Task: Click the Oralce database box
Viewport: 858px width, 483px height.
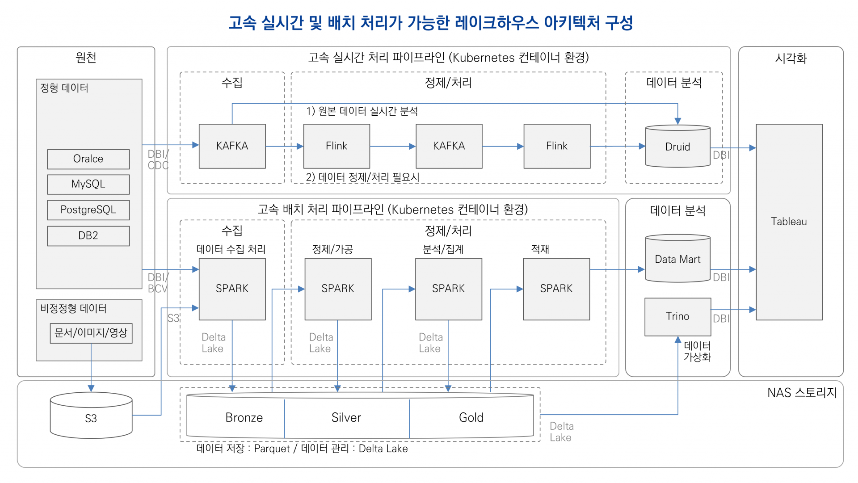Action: point(88,159)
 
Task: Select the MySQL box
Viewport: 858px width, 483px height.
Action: point(88,184)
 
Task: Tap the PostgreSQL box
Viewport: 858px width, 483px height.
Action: point(88,210)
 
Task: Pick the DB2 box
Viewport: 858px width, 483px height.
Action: point(88,235)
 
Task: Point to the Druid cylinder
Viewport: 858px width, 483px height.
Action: point(677,147)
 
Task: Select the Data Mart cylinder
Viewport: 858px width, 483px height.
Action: point(677,259)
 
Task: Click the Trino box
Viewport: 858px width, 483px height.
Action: point(677,316)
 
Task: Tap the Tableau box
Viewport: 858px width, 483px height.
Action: point(789,222)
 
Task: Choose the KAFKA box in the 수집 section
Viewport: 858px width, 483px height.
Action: point(232,146)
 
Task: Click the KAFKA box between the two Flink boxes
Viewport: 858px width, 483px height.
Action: point(449,146)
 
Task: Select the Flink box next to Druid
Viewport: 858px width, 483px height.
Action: point(556,146)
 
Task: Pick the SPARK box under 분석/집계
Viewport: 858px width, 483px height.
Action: point(448,289)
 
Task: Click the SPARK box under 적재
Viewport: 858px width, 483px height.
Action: point(556,289)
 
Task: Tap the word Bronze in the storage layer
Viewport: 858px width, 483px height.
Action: point(244,417)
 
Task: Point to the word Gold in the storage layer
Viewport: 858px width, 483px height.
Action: point(471,417)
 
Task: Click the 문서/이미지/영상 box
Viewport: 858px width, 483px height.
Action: point(91,333)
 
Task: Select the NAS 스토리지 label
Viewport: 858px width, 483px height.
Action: point(802,392)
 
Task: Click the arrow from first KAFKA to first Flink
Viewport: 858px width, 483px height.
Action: point(284,146)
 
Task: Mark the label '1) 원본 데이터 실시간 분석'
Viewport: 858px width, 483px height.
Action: point(362,111)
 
